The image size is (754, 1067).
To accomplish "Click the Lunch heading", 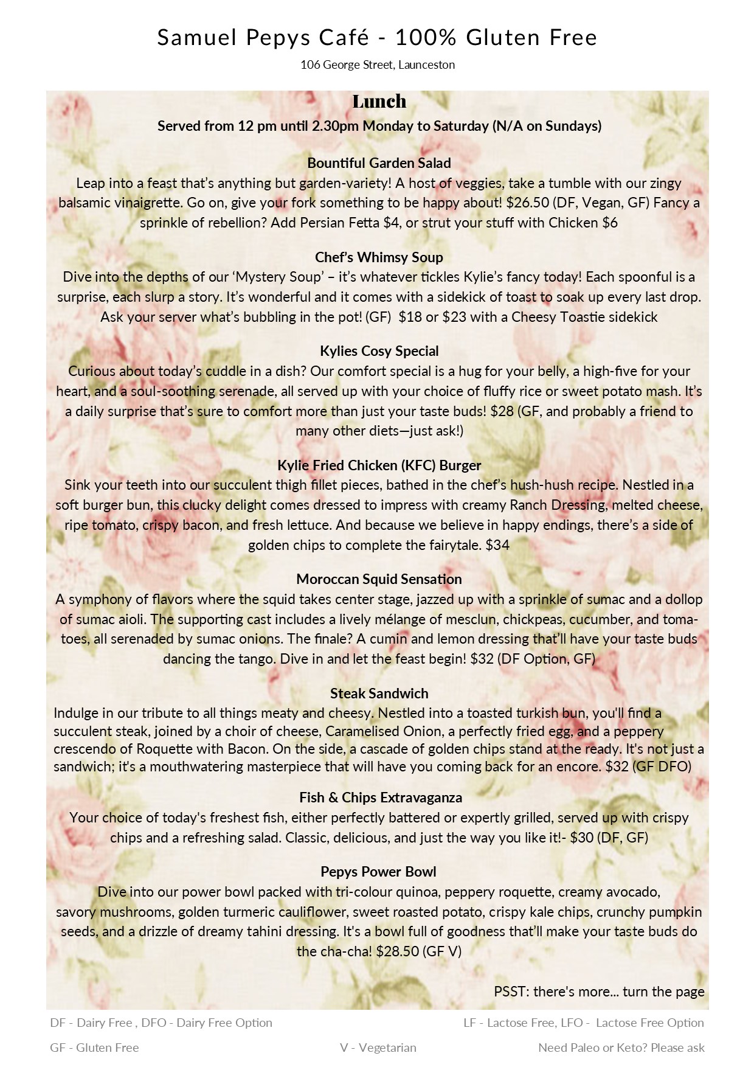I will pos(379,101).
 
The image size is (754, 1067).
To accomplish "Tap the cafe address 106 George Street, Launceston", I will pos(377,64).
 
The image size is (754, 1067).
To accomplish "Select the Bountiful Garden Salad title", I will pos(379,163).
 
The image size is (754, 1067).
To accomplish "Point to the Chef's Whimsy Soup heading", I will pos(379,257).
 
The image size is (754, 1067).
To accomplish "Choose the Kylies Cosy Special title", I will pos(379,351).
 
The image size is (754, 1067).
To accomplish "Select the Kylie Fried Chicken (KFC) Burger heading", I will pos(379,465).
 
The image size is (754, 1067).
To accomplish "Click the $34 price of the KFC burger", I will pos(497,545).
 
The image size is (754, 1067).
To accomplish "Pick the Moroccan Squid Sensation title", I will pos(379,579).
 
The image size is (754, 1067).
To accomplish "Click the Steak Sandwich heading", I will pos(379,693).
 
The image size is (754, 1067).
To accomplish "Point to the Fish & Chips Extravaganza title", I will pos(380,798).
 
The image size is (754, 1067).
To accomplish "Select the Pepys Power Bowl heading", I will pos(378,872).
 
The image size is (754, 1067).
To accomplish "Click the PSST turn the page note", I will pos(599,992).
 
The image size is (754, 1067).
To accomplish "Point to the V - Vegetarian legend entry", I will pos(378,1048).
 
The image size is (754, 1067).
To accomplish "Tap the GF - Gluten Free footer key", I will pos(94,1048).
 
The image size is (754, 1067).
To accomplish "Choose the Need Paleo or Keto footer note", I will pos(621,1048).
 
